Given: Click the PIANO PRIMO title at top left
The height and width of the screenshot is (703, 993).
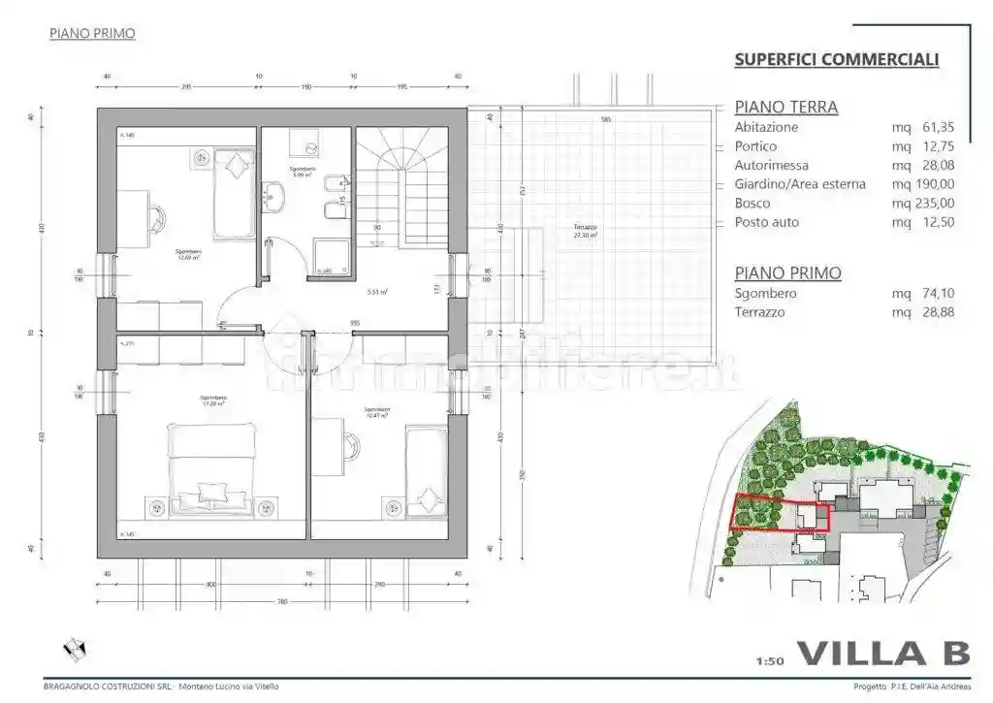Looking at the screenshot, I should tap(91, 34).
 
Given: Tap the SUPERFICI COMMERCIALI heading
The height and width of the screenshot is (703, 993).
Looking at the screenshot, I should tap(836, 60).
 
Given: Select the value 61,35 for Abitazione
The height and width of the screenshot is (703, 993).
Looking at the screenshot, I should tap(935, 127).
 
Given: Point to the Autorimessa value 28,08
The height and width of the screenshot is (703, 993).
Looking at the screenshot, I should tap(935, 166).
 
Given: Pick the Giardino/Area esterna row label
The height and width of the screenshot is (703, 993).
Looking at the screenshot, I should tap(800, 184).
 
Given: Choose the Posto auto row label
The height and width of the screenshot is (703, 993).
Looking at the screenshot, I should tap(767, 222).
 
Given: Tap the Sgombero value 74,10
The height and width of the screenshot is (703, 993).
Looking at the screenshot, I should tap(935, 293).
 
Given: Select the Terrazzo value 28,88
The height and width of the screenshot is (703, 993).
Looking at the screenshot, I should tap(935, 312).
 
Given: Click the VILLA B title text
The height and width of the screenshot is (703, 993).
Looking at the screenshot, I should tap(882, 654).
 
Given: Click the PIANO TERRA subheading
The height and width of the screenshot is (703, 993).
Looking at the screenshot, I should tap(785, 108).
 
